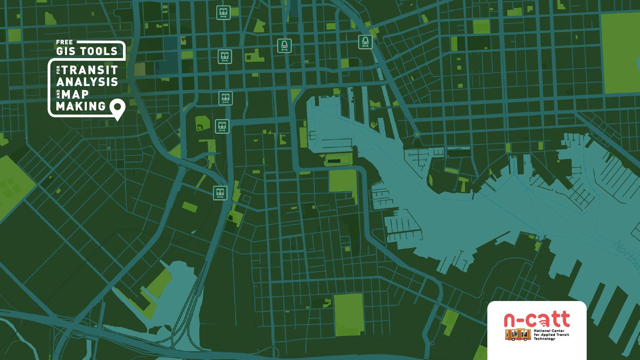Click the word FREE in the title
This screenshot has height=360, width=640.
(64, 42)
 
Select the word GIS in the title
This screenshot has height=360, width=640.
(66, 51)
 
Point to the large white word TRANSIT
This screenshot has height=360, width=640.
(90, 70)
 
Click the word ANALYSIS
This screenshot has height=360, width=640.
(87, 82)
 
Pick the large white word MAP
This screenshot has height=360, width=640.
(75, 94)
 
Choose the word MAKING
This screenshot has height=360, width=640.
(81, 106)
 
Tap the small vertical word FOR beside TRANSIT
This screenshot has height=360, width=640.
(58, 70)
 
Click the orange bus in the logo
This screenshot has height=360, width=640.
(518, 335)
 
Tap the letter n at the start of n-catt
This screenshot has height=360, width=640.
(510, 320)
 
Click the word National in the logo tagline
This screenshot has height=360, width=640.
(542, 331)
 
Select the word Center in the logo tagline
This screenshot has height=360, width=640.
(558, 331)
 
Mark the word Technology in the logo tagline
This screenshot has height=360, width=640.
(545, 339)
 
